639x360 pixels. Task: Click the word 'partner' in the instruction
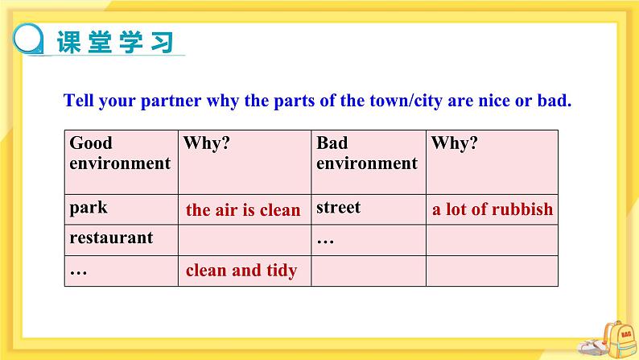pos(171,101)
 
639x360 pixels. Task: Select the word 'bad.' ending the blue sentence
pos(554,101)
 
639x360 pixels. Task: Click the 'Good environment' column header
pos(120,153)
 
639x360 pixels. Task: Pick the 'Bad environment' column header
pos(367,153)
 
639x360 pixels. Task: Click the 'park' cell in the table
pos(89,208)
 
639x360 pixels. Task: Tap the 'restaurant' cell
pos(111,238)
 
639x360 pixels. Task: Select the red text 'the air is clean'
pos(243,210)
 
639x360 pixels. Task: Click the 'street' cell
pos(338,208)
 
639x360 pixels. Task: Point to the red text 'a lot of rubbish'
pos(493,209)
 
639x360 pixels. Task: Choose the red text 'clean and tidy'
pos(241,271)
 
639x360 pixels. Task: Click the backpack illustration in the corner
pos(619,339)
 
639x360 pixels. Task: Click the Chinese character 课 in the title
pos(69,42)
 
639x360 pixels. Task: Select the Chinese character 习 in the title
pos(163,42)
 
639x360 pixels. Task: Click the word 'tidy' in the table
pos(282,271)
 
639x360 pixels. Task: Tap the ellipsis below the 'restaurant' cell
pos(78,272)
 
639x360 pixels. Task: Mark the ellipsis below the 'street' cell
pos(325,242)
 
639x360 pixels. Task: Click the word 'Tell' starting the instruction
pos(78,101)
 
